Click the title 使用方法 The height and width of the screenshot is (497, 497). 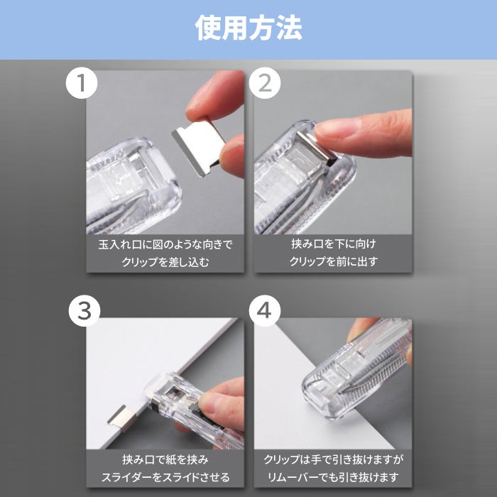[248, 28]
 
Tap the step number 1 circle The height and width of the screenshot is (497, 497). [82, 83]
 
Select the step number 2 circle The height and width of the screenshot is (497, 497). [265, 83]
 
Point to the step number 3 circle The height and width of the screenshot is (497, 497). [84, 311]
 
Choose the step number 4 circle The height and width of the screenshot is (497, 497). [265, 311]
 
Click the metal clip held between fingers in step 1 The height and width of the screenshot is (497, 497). [199, 146]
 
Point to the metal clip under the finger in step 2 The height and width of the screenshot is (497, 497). [316, 148]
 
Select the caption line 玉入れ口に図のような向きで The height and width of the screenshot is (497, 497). [165, 245]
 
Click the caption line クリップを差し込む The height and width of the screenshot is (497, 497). [165, 262]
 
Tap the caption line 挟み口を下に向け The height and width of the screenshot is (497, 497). [334, 244]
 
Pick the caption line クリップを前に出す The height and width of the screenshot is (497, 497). [334, 261]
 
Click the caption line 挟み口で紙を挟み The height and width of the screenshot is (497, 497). [165, 459]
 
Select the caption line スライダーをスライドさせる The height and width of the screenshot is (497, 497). [165, 477]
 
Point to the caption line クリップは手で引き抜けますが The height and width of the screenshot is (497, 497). [334, 459]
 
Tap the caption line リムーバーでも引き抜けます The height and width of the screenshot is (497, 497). [334, 477]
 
